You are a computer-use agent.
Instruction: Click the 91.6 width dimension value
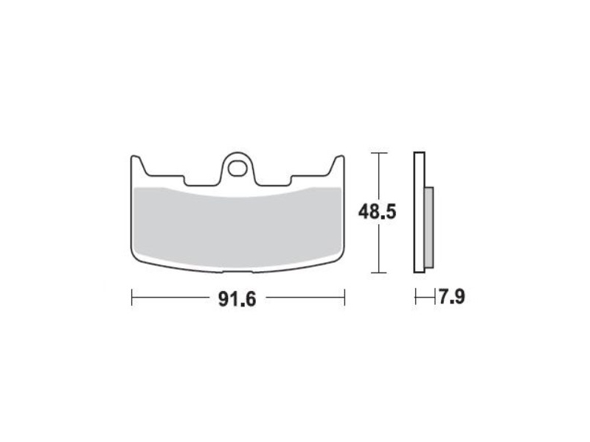point(237,299)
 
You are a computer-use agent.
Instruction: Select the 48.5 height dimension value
point(377,212)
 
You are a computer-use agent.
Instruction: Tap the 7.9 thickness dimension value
point(451,297)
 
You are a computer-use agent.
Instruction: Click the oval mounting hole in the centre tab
point(237,168)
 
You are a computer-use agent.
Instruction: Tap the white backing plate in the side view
point(419,212)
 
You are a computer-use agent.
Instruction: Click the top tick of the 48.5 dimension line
point(378,153)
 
